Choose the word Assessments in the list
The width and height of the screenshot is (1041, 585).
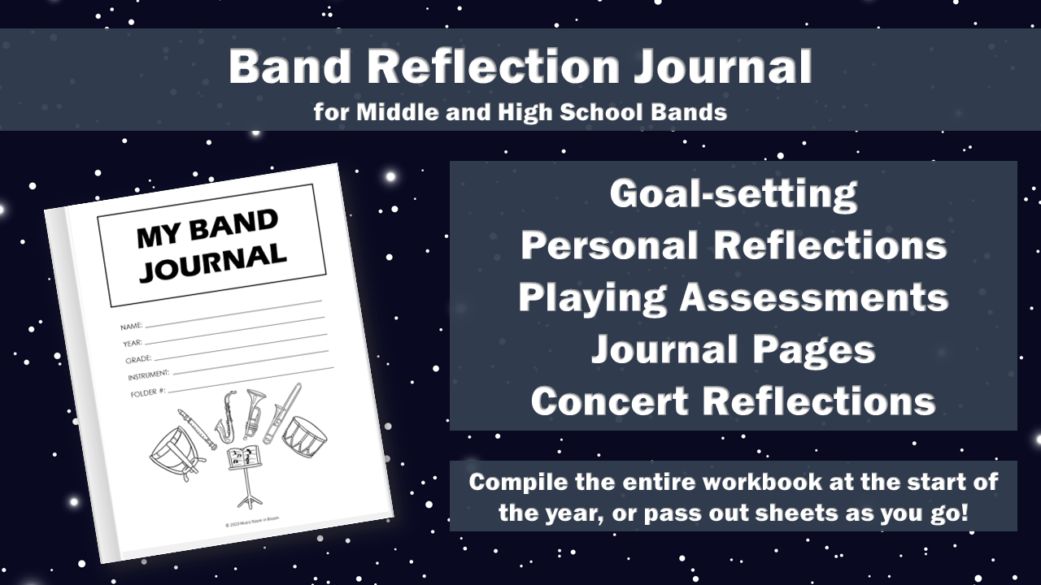point(813,297)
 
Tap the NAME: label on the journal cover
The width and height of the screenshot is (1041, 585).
point(132,327)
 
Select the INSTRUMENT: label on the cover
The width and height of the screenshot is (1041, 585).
point(148,375)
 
